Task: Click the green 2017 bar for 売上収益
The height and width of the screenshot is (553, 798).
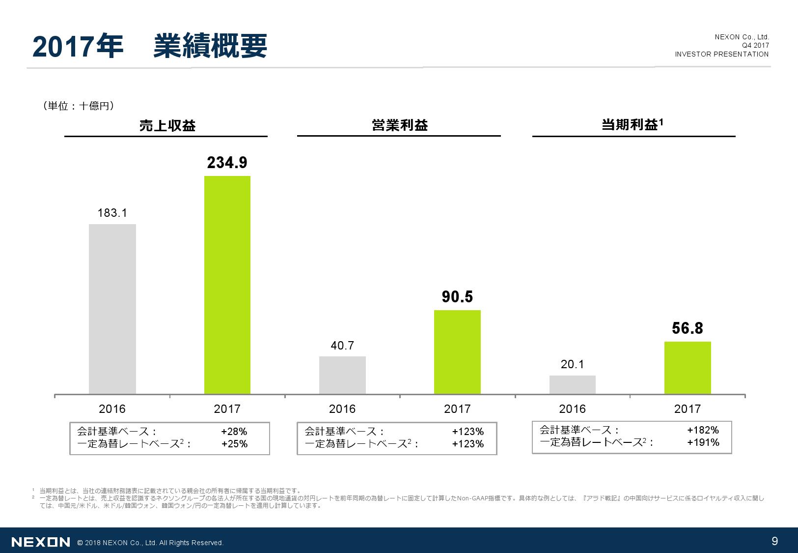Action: pos(227,285)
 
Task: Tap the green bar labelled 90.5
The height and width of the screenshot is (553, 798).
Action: pos(457,352)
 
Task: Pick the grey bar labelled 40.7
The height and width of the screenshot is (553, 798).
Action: pos(342,375)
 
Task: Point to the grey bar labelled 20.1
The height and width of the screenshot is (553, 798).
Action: pos(572,384)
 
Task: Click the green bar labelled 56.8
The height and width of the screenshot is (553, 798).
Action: pos(688,368)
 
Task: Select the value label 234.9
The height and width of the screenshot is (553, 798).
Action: pos(227,163)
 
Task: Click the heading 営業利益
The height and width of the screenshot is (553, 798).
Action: pos(400,125)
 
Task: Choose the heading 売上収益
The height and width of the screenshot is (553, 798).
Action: pos(167,126)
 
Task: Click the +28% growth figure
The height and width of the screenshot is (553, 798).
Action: pos(234,432)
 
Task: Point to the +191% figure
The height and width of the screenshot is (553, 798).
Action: pos(703,442)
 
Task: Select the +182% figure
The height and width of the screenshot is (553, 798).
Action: pos(703,430)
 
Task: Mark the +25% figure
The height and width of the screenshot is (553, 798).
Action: pos(234,444)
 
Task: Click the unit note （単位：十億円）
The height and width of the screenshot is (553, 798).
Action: pos(79,106)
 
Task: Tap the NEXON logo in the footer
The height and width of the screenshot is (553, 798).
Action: pos(41,542)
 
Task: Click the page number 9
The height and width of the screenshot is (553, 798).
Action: pos(775,541)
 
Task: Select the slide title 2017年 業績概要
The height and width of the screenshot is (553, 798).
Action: pos(150,47)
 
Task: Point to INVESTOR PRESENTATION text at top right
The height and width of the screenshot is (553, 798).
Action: pos(721,54)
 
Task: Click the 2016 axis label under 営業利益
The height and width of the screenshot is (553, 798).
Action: pos(342,409)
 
